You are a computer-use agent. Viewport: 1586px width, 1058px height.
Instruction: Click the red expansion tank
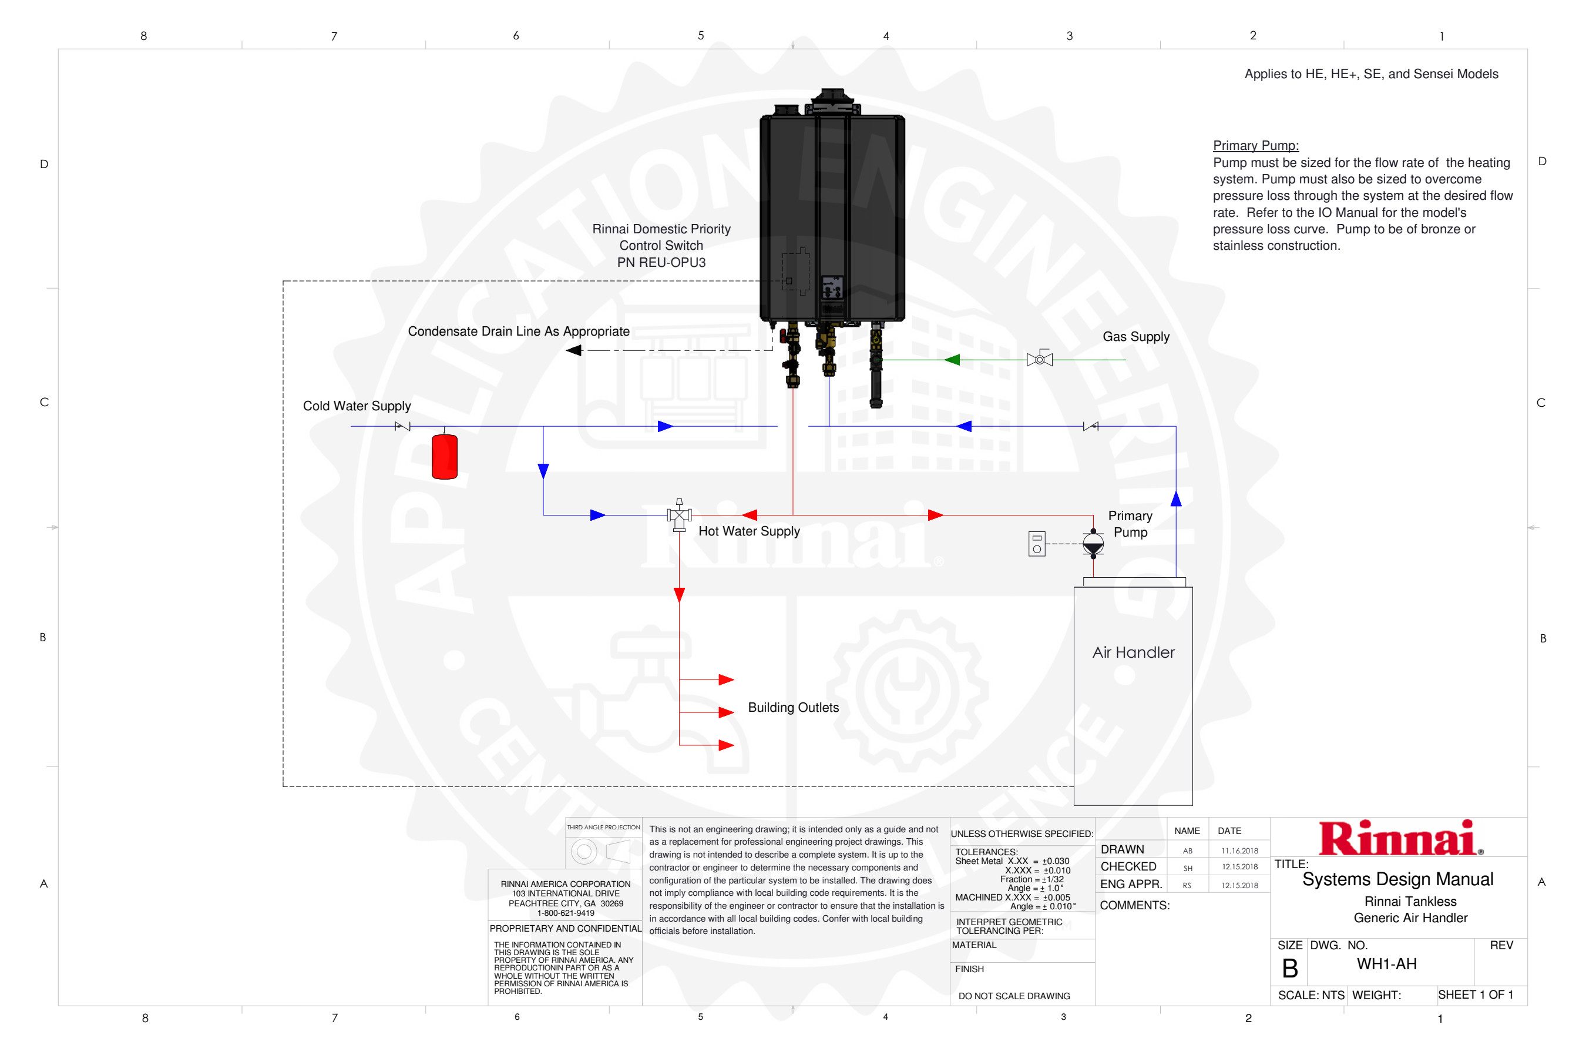click(x=445, y=457)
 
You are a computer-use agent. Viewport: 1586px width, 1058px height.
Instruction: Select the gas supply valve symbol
click(x=1039, y=359)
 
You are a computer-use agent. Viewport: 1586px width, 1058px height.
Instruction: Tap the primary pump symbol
click(x=1093, y=543)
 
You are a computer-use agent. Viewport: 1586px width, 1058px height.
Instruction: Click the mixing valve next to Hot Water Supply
click(x=679, y=516)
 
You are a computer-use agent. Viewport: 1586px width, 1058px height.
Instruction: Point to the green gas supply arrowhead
click(x=952, y=360)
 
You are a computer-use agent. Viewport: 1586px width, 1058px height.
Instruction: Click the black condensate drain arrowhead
click(x=574, y=350)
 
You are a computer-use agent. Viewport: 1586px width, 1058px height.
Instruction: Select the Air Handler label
click(x=1133, y=652)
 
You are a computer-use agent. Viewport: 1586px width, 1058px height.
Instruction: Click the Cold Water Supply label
click(x=357, y=406)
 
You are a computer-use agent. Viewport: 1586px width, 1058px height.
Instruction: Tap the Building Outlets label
click(x=793, y=707)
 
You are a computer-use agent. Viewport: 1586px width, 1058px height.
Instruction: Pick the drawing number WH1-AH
click(x=1386, y=964)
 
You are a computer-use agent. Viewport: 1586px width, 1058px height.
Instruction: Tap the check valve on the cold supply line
click(x=402, y=427)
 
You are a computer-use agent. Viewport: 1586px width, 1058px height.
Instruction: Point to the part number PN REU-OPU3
click(x=661, y=263)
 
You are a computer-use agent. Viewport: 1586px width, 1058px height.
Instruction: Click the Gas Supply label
click(x=1135, y=337)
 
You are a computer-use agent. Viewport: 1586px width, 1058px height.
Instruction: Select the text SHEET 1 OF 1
click(x=1476, y=995)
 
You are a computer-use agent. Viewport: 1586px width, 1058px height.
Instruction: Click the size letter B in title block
click(x=1289, y=969)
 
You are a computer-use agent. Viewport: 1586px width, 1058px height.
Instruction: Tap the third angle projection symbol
click(x=602, y=852)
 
